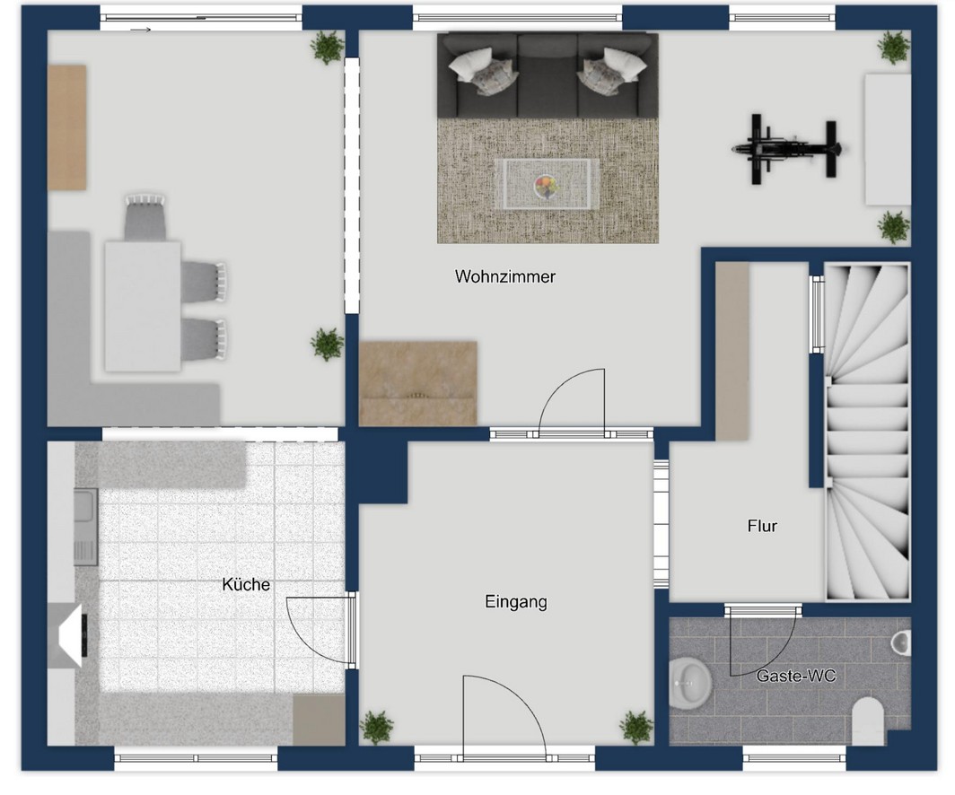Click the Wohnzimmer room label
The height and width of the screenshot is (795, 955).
click(x=505, y=277)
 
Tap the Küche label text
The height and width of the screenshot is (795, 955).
click(x=246, y=584)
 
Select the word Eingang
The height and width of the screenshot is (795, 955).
click(x=516, y=602)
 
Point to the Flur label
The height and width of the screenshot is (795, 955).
click(x=762, y=525)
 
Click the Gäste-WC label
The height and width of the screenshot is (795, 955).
click(x=796, y=675)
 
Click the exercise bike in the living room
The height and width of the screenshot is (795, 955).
click(x=786, y=148)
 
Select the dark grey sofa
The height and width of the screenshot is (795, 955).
click(x=548, y=75)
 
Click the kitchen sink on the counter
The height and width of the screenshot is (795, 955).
click(x=85, y=527)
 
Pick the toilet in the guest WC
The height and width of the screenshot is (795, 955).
click(x=868, y=721)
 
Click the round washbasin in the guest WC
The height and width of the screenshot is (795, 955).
click(x=689, y=684)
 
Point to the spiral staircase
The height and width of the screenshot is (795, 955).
click(x=867, y=432)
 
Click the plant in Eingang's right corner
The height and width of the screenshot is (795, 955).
click(x=636, y=727)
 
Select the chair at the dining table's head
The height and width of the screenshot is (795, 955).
click(x=145, y=217)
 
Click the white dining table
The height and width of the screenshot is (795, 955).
click(x=143, y=306)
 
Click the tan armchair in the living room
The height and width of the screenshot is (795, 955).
click(x=418, y=383)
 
